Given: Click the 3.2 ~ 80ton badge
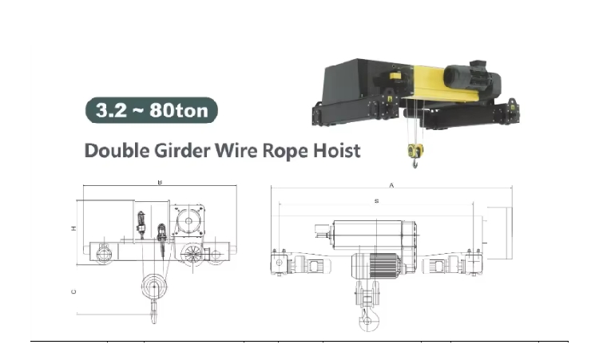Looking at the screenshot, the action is (x=152, y=110).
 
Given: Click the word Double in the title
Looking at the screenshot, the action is (x=117, y=150).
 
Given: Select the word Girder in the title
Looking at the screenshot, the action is (x=182, y=150).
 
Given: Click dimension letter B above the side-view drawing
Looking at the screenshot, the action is (x=160, y=182).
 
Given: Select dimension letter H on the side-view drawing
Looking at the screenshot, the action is (x=73, y=228).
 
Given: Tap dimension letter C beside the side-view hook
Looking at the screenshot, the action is (x=73, y=291).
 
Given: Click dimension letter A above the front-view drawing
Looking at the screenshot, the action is (x=391, y=185).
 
